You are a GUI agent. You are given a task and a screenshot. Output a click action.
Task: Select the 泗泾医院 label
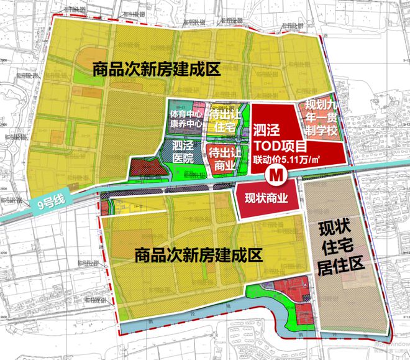(x=183, y=153)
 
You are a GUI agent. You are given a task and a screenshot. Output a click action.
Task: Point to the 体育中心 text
(x=185, y=114)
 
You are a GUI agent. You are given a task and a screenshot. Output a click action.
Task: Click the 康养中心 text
(x=185, y=124)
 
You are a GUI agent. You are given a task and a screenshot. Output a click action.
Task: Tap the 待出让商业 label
(x=224, y=159)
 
